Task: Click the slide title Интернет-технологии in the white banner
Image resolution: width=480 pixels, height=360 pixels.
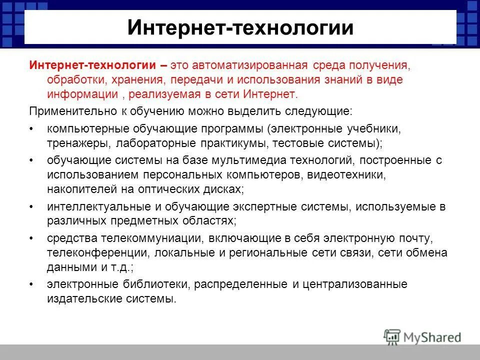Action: pos(240,28)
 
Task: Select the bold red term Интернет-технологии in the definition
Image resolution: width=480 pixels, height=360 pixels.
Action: pos(93,66)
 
